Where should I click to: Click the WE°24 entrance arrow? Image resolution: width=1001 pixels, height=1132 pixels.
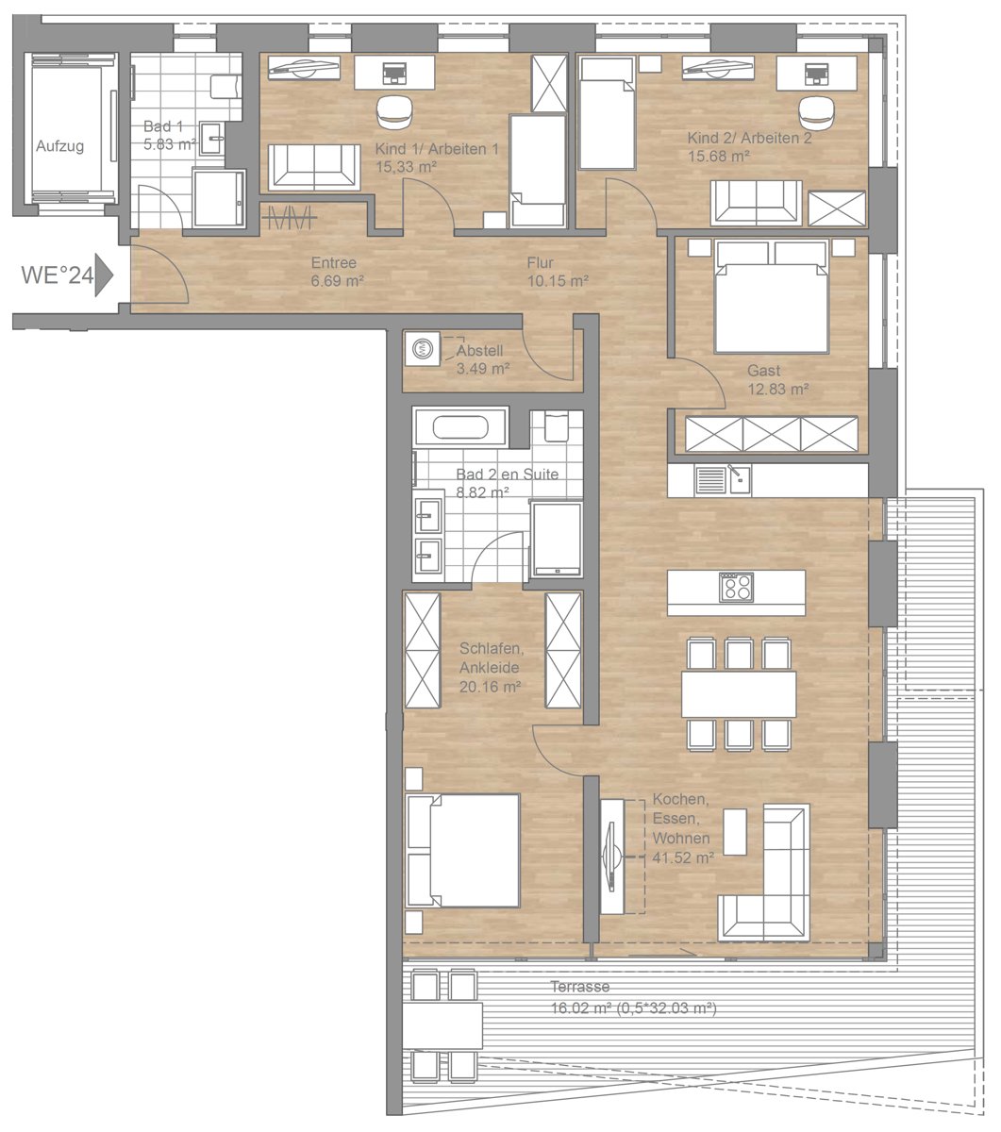[x=104, y=275]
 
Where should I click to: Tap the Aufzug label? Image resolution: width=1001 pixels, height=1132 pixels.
[x=59, y=146]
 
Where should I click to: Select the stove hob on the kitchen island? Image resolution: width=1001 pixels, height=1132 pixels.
[x=736, y=588]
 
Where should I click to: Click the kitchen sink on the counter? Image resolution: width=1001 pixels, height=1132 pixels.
[x=739, y=480]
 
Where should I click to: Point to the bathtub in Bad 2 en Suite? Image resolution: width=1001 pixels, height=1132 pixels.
[x=460, y=427]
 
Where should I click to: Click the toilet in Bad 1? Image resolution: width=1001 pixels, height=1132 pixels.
[x=225, y=87]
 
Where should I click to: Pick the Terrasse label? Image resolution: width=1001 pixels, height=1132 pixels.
[x=579, y=987]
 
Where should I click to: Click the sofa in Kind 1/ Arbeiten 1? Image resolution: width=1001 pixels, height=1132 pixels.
[x=314, y=167]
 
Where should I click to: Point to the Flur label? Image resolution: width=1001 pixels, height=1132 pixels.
[x=540, y=262]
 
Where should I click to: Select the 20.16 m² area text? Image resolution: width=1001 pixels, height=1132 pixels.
[x=490, y=687]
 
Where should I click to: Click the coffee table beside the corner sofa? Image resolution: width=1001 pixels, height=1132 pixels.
[x=734, y=831]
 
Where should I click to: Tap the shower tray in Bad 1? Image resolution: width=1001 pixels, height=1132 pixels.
[x=219, y=198]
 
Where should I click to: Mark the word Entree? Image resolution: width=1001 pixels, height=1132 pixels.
[x=334, y=262]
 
